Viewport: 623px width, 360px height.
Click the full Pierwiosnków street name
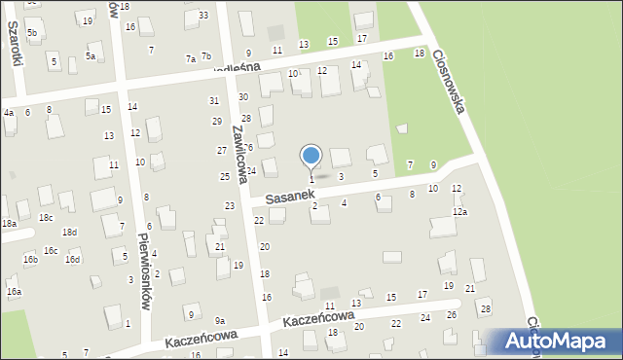pos(144,270)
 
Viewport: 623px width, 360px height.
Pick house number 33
pos(202,16)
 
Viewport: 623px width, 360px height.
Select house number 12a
pos(459,212)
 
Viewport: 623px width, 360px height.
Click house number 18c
pos(45,217)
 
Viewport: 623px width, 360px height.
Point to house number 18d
pos(69,233)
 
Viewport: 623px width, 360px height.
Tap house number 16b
pos(30,259)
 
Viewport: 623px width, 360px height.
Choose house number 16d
pos(72,259)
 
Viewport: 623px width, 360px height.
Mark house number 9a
pos(220,321)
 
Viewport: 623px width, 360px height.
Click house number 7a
pos(191,58)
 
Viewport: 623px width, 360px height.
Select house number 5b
pos(32,33)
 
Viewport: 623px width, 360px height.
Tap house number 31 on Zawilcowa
pos(214,101)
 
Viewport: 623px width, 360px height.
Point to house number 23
pos(230,206)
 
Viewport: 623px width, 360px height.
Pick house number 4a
pos(8,113)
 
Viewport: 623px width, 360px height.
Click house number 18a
pos(9,224)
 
